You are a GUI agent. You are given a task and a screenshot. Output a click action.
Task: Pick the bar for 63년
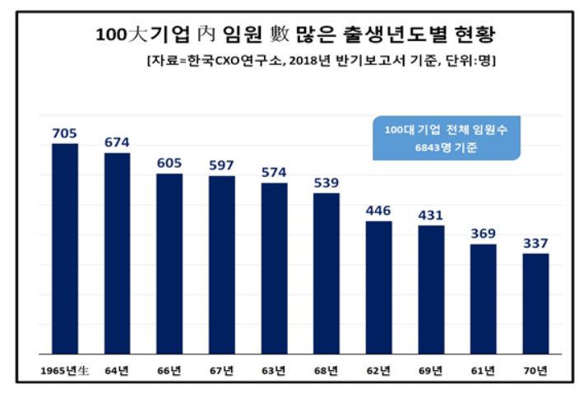274,268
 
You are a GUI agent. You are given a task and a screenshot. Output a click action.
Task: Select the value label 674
117,142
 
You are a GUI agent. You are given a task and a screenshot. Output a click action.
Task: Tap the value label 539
326,182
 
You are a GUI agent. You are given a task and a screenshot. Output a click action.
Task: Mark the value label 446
378,210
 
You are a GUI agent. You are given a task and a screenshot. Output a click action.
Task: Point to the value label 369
483,233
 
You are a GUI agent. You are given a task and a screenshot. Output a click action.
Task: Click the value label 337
535,243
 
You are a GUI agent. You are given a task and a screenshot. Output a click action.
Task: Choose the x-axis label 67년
221,370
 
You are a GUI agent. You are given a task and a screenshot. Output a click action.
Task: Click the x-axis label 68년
326,370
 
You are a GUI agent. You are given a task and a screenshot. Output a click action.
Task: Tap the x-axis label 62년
378,370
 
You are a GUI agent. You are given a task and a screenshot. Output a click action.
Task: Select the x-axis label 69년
431,370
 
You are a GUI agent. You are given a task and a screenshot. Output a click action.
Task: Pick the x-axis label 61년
483,370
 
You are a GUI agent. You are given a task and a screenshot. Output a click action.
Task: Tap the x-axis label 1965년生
64,370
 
